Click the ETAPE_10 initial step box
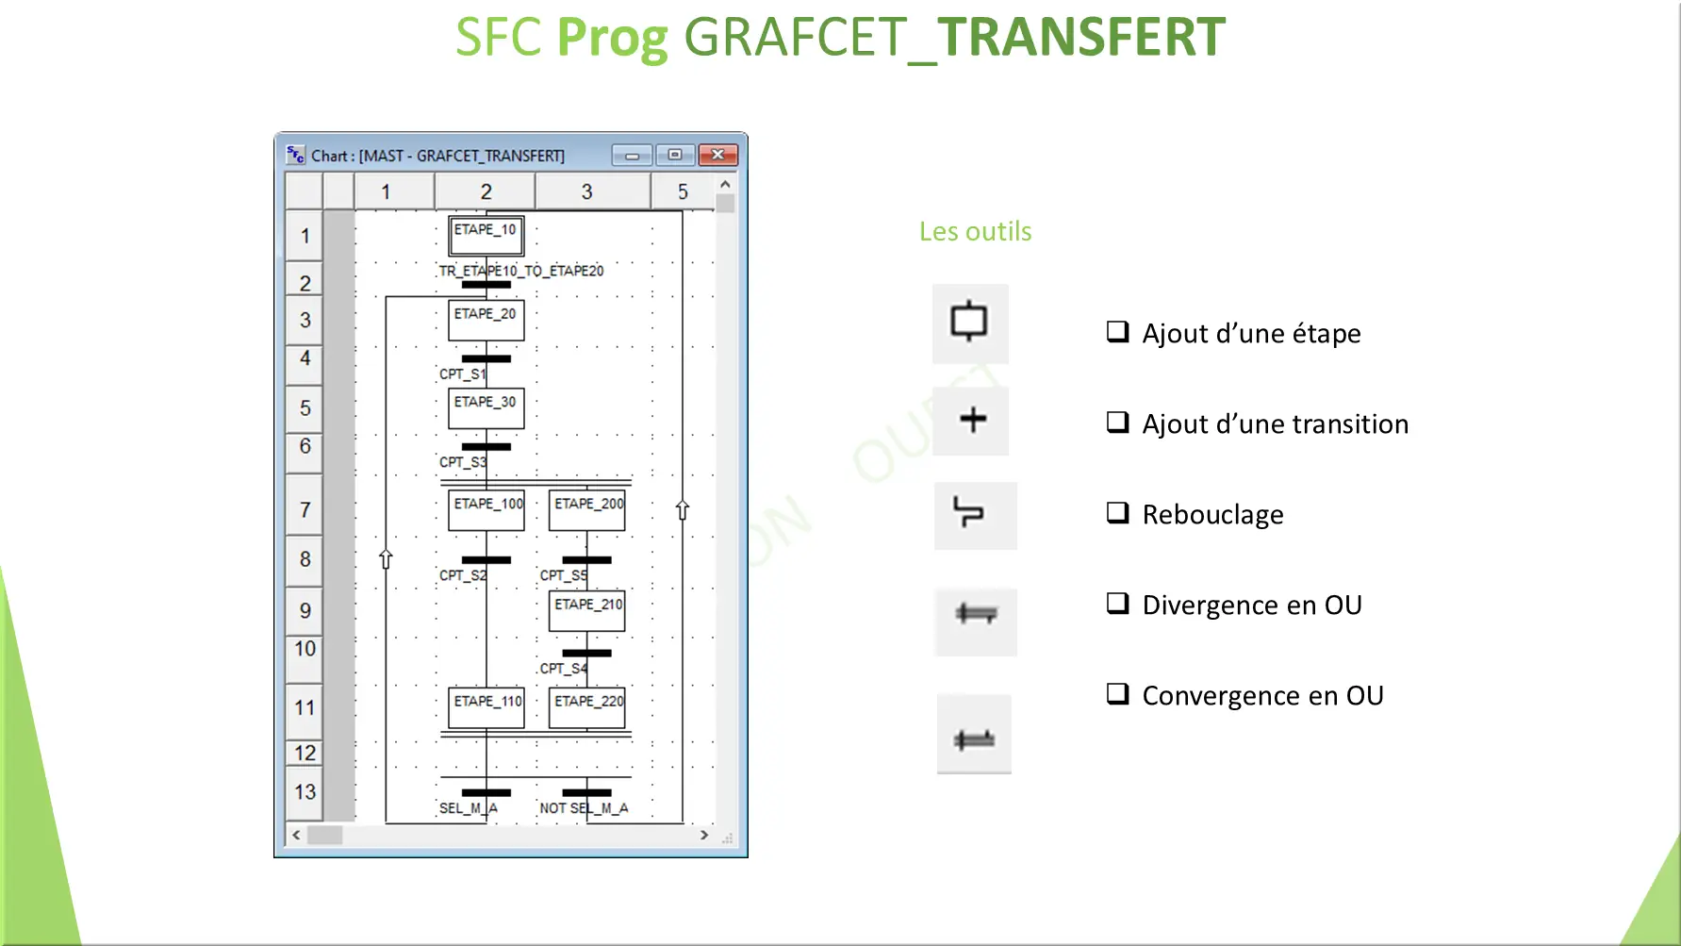(x=486, y=236)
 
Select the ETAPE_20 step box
(x=486, y=320)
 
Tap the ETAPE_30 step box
(x=486, y=408)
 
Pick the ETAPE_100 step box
(x=486, y=510)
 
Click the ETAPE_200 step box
(x=587, y=510)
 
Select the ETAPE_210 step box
(x=587, y=610)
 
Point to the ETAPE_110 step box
(x=486, y=707)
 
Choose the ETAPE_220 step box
(x=587, y=707)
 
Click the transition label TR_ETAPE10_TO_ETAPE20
(x=521, y=271)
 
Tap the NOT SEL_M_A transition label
(x=584, y=808)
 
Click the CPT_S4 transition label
(x=563, y=669)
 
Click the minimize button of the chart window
(x=632, y=156)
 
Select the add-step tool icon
(x=969, y=323)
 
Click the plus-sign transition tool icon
(x=972, y=420)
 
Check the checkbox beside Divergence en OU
(x=1117, y=604)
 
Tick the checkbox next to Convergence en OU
(x=1117, y=694)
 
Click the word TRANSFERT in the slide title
(x=1080, y=38)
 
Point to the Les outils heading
(x=975, y=231)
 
